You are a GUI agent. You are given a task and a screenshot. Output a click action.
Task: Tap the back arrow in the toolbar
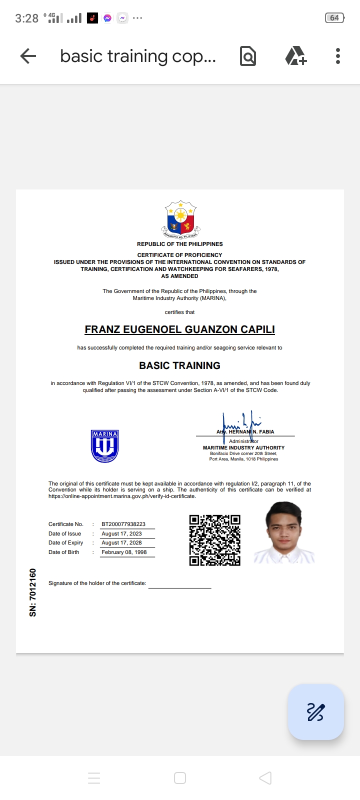click(28, 56)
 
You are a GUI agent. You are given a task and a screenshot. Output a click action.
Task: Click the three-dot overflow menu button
click(338, 56)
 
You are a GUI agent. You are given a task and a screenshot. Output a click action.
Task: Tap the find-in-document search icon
click(248, 56)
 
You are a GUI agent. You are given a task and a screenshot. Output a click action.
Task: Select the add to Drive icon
click(295, 56)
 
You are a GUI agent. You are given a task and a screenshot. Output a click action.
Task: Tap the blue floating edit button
click(315, 711)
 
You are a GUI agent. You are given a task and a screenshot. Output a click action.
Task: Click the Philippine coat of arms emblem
click(180, 219)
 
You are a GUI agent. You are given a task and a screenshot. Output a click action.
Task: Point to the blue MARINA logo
click(104, 445)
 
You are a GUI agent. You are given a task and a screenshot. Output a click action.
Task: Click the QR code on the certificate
click(214, 540)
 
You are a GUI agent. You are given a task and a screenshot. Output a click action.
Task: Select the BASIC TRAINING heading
click(179, 365)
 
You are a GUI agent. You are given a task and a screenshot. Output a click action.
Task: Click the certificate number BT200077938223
click(123, 524)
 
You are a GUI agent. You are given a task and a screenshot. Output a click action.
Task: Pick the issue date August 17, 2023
click(121, 533)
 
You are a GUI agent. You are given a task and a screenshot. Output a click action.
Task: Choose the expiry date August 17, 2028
click(121, 542)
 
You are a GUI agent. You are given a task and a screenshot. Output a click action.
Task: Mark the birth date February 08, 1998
click(124, 552)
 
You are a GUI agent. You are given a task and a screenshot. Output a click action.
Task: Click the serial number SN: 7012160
click(33, 592)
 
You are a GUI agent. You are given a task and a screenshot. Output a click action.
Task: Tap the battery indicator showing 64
click(334, 18)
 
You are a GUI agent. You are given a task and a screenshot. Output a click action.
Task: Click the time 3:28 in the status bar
click(26, 18)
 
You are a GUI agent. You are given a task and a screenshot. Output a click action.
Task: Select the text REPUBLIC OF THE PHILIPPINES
click(180, 244)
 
